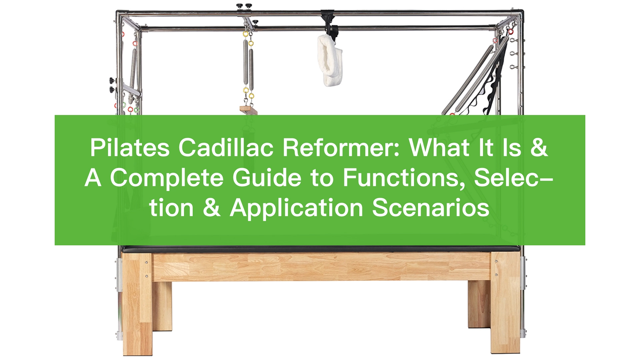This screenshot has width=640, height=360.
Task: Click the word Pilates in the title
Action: tap(130, 148)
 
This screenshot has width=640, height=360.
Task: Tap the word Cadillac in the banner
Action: tap(226, 148)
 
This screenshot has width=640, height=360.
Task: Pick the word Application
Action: tap(296, 208)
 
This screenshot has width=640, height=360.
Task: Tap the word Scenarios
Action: tap(431, 208)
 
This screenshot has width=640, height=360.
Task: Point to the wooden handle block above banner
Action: tap(249, 110)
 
